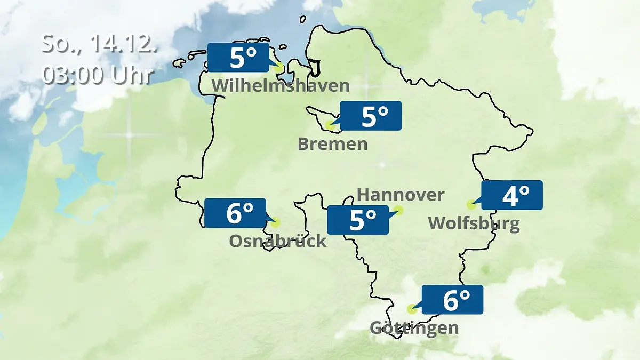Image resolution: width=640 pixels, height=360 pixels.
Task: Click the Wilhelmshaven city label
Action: [281, 85]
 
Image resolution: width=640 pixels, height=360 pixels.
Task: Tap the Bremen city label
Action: [333, 143]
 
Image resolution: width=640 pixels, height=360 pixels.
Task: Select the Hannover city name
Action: [400, 195]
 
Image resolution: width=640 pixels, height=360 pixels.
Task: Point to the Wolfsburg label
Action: [474, 223]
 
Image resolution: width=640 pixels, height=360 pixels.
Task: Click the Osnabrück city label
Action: [277, 241]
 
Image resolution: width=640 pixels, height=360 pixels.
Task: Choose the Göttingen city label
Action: [414, 327]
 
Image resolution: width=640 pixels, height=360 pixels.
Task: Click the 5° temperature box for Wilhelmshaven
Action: [238, 58]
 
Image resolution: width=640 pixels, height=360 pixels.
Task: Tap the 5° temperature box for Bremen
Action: [370, 116]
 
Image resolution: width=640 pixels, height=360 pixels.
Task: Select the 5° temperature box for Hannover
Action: [357, 220]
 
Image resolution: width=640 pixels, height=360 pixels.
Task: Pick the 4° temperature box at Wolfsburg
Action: [512, 195]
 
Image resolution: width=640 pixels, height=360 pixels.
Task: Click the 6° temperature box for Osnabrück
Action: [235, 213]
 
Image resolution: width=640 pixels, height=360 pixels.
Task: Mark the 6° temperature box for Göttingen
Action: [452, 300]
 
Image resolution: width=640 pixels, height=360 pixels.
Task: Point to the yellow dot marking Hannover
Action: [399, 210]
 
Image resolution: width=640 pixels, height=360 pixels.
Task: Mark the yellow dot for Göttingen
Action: [411, 309]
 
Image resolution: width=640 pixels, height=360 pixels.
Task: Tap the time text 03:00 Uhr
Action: [98, 75]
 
